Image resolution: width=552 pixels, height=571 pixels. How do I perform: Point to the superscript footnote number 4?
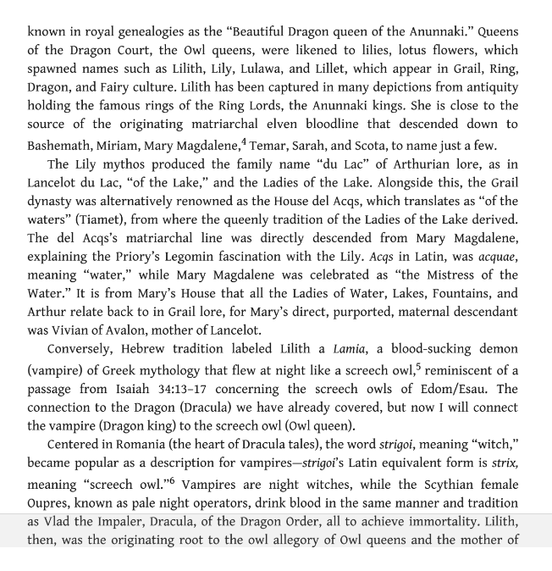pos(243,141)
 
